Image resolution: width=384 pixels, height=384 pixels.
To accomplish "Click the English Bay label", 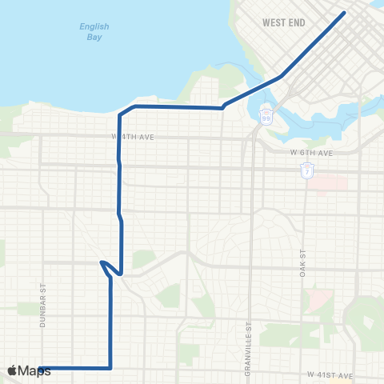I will pos(94,31).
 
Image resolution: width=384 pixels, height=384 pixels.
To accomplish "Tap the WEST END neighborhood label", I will pos(284,23).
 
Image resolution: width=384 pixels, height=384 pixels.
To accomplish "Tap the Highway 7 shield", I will pos(306,170).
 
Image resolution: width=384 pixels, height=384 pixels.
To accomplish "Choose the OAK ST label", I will pos(303,263).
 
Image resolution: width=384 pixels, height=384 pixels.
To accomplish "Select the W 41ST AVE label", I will pos(330,374).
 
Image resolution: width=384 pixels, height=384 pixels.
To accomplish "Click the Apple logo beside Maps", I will pos(14,370).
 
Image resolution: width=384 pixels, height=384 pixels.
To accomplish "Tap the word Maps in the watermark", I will pos(36,370).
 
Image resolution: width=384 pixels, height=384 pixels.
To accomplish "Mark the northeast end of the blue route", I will pos(344,13).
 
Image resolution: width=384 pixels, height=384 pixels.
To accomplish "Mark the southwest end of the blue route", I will pos(39,368).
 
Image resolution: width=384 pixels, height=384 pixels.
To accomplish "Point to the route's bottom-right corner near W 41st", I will pos(110,368).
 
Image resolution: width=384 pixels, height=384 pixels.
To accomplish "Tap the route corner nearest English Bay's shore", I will pos(134,106).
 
